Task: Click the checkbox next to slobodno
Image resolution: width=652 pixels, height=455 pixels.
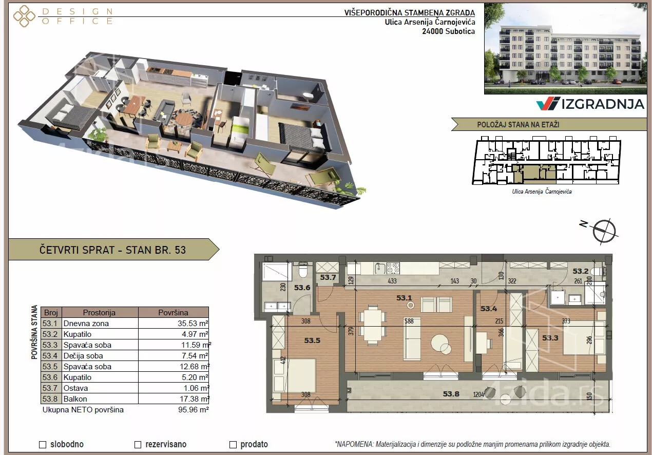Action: [x=43, y=445]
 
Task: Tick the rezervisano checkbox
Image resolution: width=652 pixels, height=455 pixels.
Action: [x=138, y=445]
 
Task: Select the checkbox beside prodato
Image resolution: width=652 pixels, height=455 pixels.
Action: [x=233, y=445]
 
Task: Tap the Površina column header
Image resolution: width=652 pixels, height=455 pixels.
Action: [x=174, y=312]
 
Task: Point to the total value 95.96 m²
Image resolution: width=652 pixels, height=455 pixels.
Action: [x=193, y=410]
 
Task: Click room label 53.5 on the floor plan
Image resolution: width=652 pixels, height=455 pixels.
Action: [x=312, y=340]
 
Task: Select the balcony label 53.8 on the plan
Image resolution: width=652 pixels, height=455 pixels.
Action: [x=451, y=394]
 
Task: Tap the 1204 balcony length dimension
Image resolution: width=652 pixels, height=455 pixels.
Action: [x=478, y=394]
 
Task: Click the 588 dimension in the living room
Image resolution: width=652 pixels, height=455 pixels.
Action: [x=409, y=321]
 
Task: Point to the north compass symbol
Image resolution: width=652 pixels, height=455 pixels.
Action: [x=604, y=231]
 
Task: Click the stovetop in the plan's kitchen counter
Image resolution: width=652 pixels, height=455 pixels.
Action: [x=393, y=268]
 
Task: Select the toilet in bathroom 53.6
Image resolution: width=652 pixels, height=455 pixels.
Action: [x=303, y=270]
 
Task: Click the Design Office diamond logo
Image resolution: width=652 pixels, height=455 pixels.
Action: [x=24, y=16]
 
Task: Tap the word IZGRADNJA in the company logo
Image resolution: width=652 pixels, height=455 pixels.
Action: [x=603, y=104]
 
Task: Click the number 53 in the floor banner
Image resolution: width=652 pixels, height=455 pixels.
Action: [x=180, y=250]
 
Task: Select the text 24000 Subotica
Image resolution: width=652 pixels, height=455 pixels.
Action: [x=448, y=31]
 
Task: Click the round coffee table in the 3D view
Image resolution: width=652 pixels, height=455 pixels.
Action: [x=184, y=119]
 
